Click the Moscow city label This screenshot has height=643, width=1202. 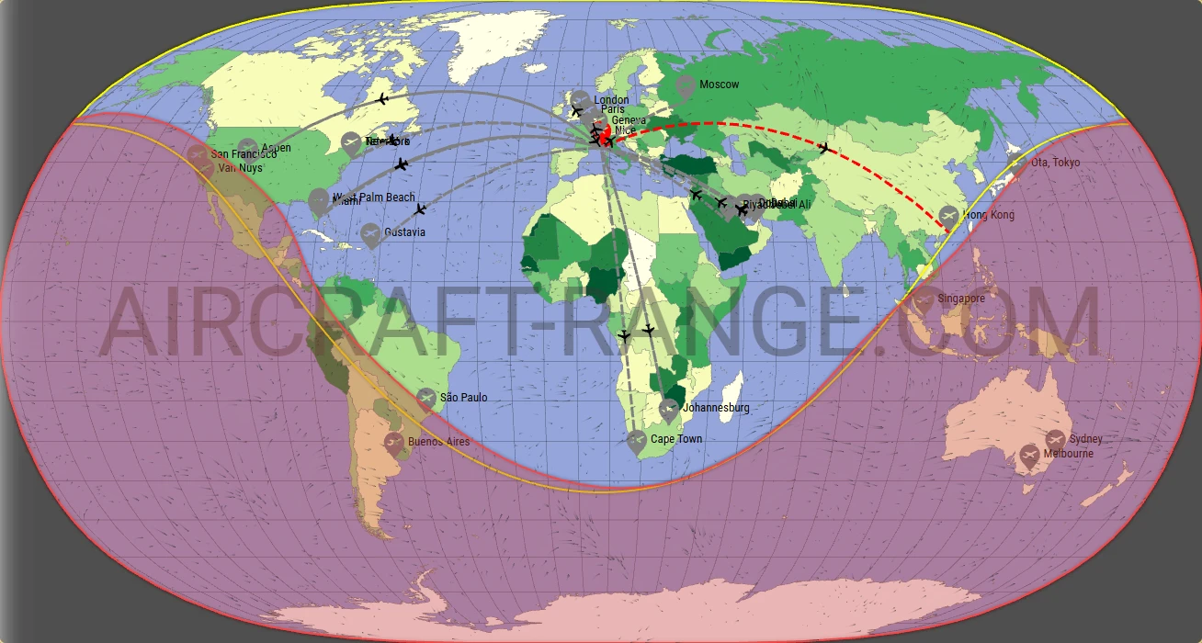[x=719, y=85]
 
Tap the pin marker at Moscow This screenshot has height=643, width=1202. [x=684, y=87]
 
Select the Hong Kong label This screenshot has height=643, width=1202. [x=989, y=215]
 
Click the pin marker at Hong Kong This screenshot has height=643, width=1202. [x=948, y=217]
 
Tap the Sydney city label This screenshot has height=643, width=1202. [x=1085, y=439]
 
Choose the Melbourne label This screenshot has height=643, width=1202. [x=1068, y=454]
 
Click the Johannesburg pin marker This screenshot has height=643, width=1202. [x=670, y=409]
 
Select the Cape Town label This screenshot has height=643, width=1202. [x=676, y=439]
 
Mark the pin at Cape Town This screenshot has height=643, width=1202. [x=637, y=441]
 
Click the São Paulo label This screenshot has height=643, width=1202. [x=464, y=398]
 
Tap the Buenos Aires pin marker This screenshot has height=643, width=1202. [x=394, y=443]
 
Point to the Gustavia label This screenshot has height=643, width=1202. [x=405, y=232]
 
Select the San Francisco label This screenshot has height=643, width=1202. [x=244, y=154]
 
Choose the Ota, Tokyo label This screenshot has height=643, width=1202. [x=1055, y=163]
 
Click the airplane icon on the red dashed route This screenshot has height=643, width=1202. [x=824, y=147]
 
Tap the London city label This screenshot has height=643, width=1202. [x=611, y=100]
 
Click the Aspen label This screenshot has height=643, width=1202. [x=277, y=148]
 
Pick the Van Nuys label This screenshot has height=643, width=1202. [x=240, y=168]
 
